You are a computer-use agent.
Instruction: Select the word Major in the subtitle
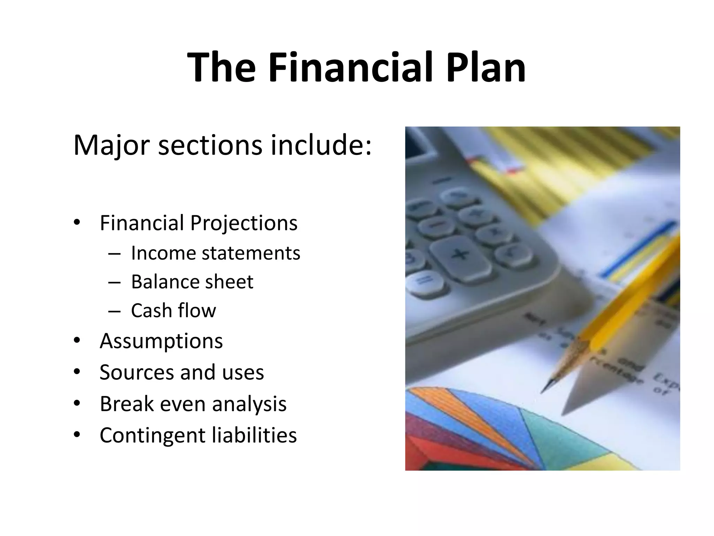pos(112,145)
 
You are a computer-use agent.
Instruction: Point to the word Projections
pos(244,223)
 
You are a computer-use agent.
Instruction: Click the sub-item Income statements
pos(215,253)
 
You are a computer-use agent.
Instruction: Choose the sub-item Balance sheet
pos(192,282)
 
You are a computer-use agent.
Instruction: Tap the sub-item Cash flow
pos(173,311)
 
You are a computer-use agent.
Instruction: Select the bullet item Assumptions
pos(161,341)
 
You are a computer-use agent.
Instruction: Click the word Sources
pos(136,372)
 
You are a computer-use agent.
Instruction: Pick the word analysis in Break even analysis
pos(249,404)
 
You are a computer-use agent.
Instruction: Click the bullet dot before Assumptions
pos(77,341)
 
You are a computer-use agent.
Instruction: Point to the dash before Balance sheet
pos(114,282)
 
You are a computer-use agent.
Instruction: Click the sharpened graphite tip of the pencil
pos(546,387)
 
